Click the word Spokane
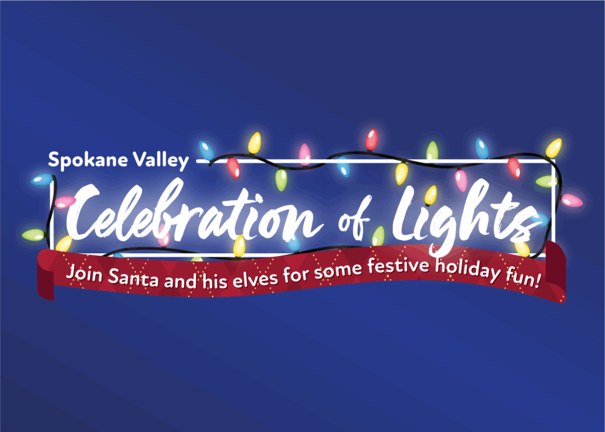point(87,160)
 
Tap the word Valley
point(161,160)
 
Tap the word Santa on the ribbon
point(133,278)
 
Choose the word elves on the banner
point(255,279)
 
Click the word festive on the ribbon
point(398,267)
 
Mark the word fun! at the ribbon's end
point(523,277)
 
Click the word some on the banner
point(337,271)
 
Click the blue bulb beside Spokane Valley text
point(206,150)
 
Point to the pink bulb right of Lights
point(571,201)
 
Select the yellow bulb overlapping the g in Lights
point(431,195)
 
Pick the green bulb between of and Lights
point(378,236)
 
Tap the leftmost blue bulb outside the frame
point(42,179)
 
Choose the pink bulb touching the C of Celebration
point(65,202)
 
